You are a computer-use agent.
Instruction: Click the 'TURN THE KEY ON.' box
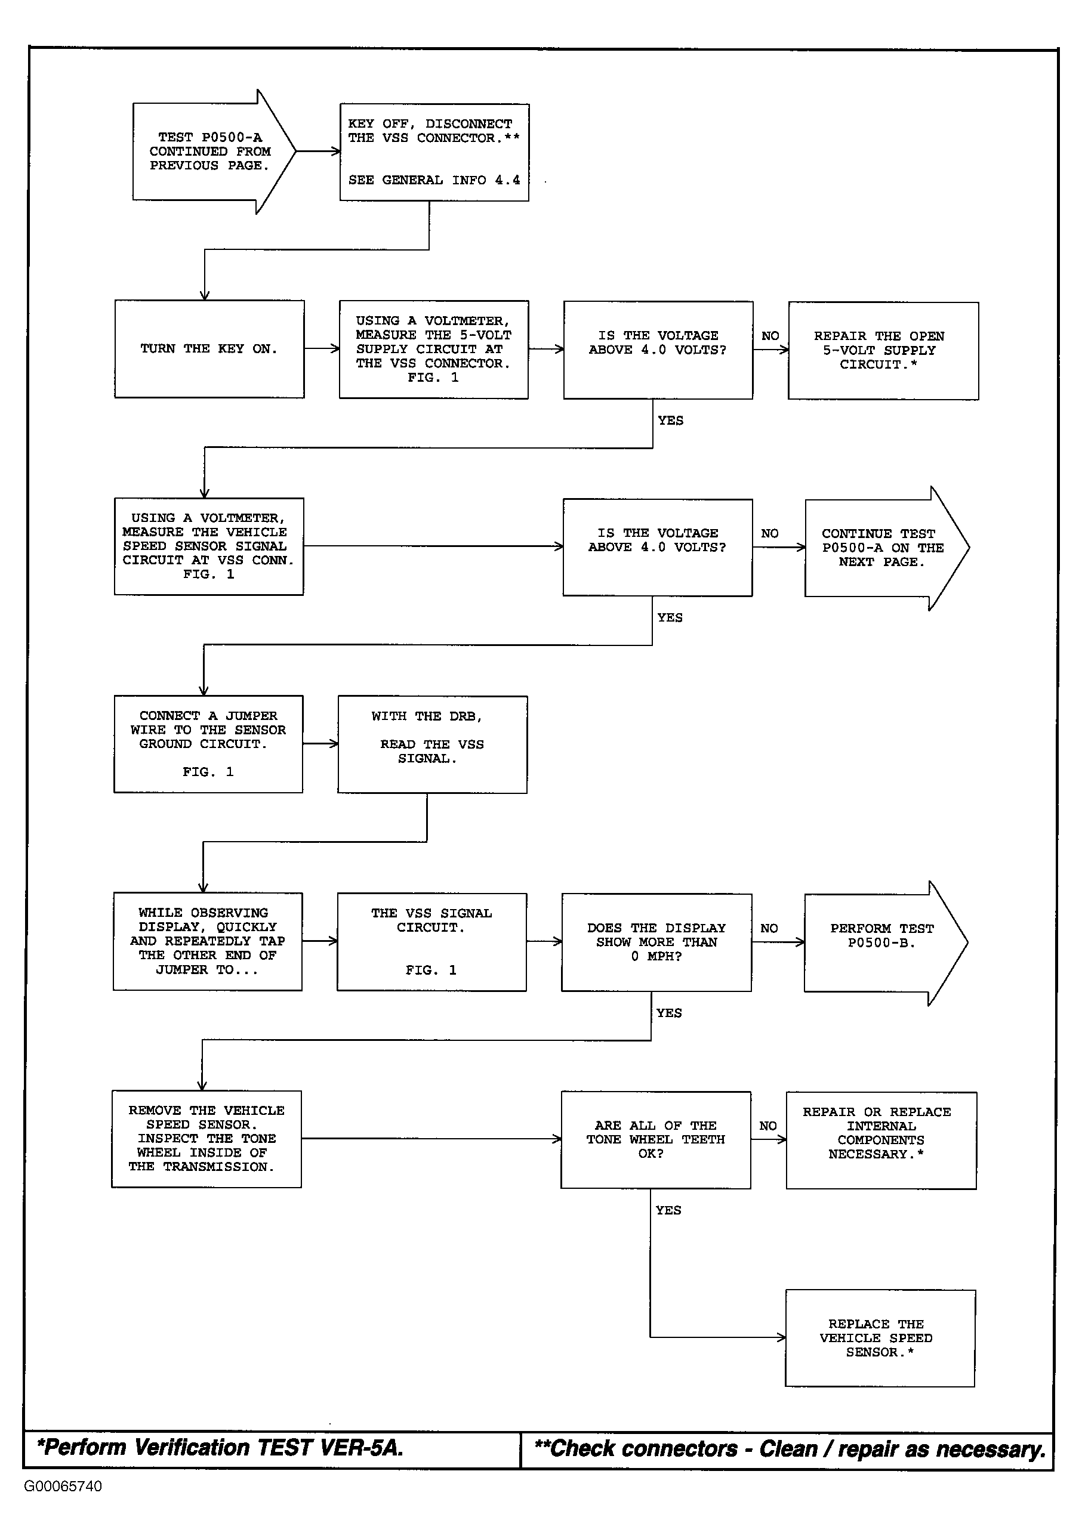click(x=209, y=348)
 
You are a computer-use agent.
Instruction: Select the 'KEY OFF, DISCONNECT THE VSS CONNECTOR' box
click(x=434, y=152)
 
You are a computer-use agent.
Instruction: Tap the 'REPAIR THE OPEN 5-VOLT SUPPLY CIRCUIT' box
click(x=883, y=351)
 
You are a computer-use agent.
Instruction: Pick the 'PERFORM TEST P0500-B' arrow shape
click(x=886, y=942)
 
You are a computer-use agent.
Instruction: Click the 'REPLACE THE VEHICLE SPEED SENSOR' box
click(x=880, y=1338)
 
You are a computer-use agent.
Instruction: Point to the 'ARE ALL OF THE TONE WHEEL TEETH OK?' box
click(x=656, y=1140)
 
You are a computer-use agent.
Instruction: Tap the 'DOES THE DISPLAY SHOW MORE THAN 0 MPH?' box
click(x=656, y=942)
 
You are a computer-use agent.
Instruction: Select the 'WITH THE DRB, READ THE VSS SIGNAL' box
click(x=432, y=744)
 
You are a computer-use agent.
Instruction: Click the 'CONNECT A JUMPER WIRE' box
click(x=208, y=744)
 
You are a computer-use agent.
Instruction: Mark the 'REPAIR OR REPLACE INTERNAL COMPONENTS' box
click(x=881, y=1141)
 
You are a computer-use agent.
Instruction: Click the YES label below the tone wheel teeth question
click(x=668, y=1210)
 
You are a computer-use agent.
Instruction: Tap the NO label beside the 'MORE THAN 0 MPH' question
click(x=769, y=928)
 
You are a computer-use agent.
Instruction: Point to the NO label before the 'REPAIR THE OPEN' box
click(x=770, y=335)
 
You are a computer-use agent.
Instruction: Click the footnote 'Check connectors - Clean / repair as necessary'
click(x=790, y=1449)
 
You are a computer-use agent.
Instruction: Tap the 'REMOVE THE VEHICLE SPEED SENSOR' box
click(x=206, y=1139)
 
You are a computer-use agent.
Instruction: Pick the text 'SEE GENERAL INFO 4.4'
click(x=434, y=180)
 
